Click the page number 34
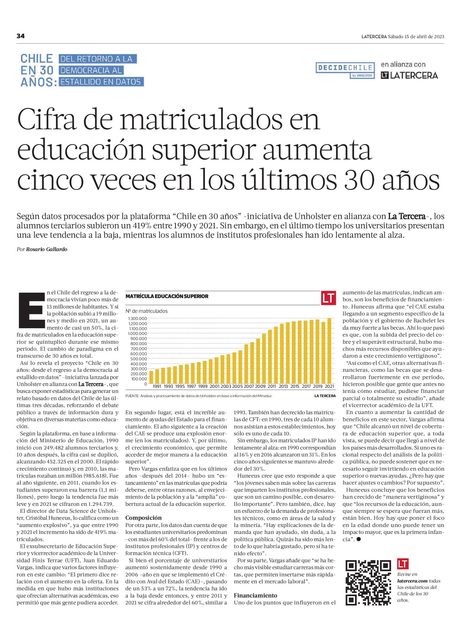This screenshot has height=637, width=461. (x=21, y=36)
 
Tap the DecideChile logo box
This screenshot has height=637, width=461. (x=346, y=70)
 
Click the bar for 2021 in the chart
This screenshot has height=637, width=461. (x=329, y=351)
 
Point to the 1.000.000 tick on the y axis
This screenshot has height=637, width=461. (x=137, y=333)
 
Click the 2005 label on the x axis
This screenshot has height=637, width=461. (x=237, y=386)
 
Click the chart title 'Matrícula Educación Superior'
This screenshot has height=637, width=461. (x=167, y=296)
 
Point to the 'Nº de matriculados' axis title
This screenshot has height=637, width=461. (x=146, y=311)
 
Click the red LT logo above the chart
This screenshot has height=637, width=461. (x=329, y=298)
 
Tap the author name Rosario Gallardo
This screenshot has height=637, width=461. (x=47, y=249)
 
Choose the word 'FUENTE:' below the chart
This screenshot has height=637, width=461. (x=132, y=396)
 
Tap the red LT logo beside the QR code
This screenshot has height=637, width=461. (x=402, y=564)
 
